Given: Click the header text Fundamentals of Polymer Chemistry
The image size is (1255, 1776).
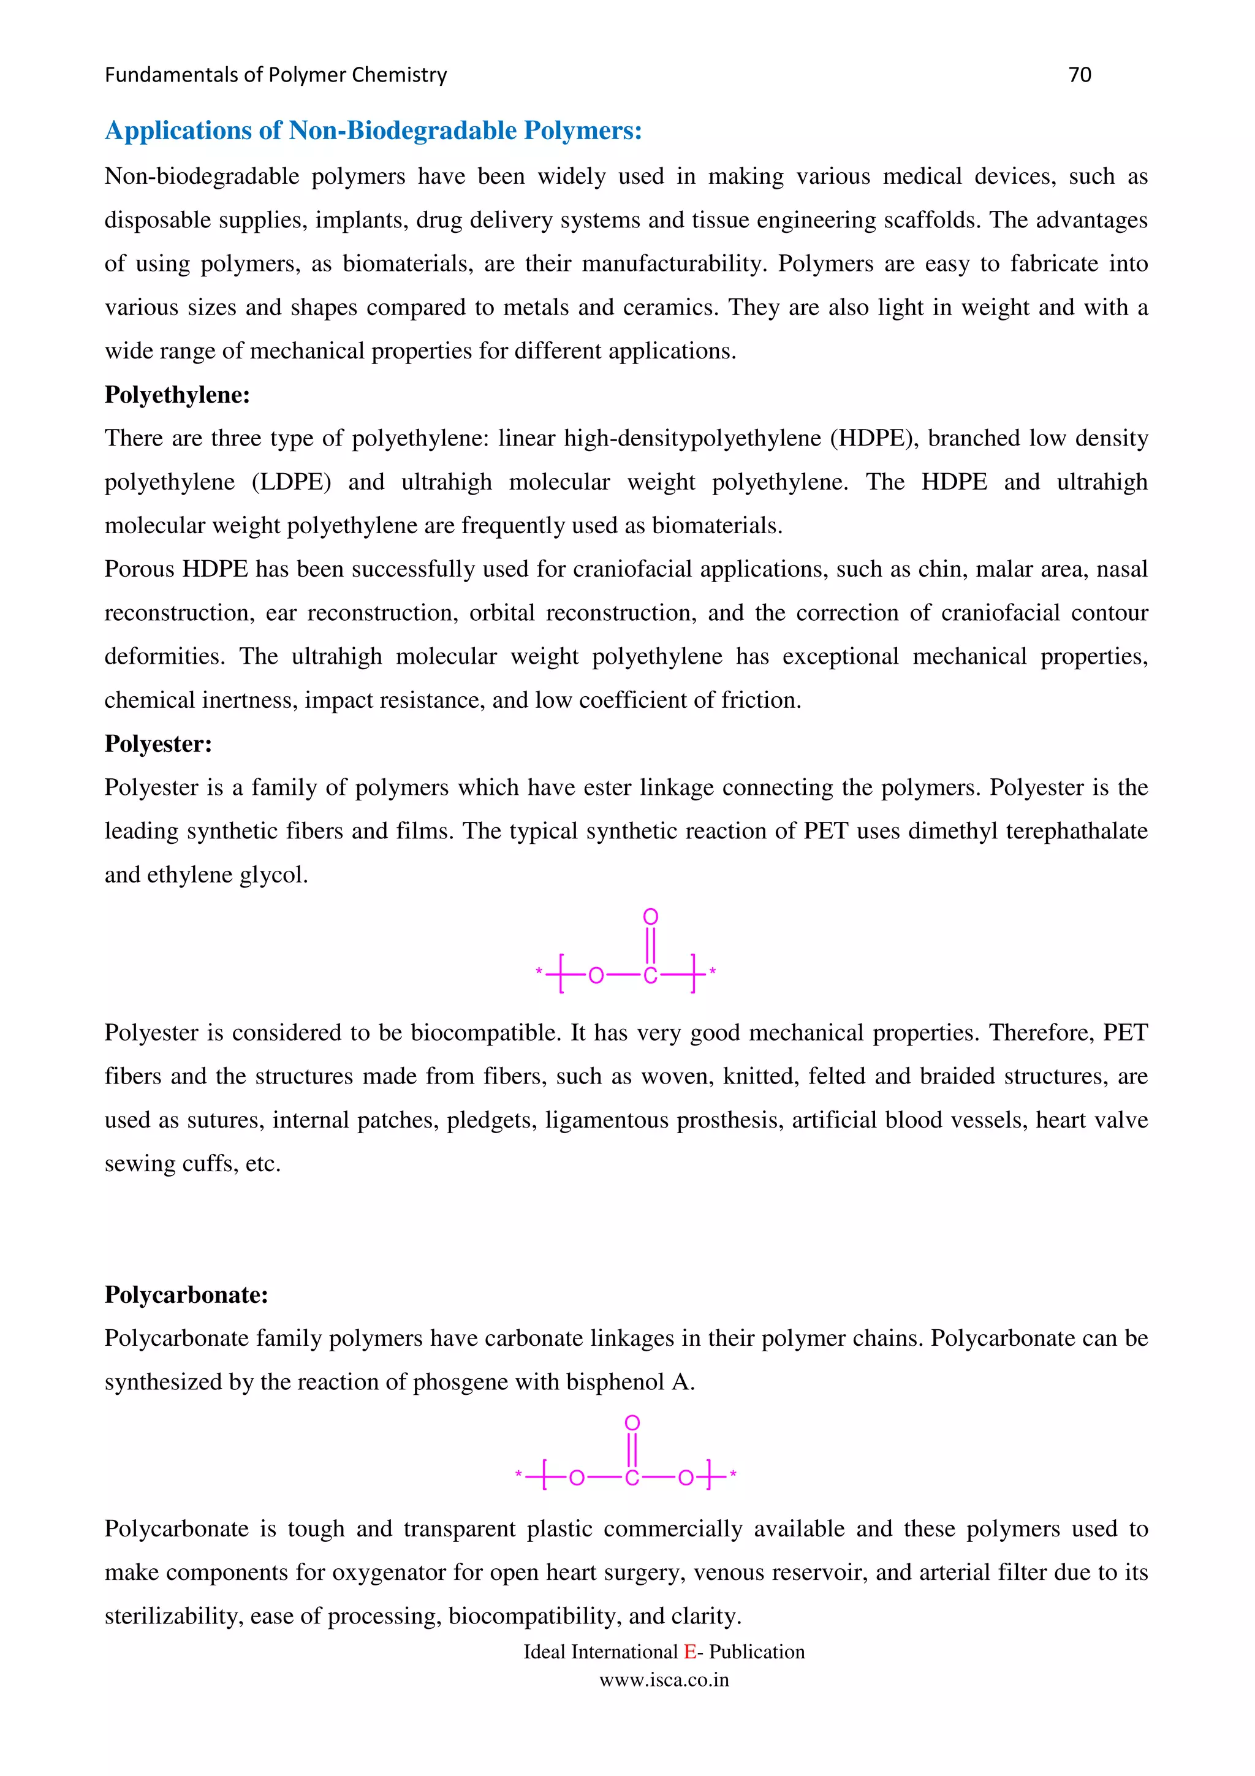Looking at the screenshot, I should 275,75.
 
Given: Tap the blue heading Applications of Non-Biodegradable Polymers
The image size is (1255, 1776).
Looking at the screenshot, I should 373,131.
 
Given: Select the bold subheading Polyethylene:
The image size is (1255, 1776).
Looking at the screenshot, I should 177,395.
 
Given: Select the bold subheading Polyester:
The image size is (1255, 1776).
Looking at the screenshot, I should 157,743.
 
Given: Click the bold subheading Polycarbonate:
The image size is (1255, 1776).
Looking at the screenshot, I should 186,1295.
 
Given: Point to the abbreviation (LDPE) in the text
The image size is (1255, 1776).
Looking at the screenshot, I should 290,482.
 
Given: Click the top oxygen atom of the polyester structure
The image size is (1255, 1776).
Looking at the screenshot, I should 650,917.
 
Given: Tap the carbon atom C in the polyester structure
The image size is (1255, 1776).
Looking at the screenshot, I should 650,976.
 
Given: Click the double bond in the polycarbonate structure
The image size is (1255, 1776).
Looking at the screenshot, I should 632,1448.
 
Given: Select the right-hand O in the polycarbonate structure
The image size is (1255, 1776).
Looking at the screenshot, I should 685,1478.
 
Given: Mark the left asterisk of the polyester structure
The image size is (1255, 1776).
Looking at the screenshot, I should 539,971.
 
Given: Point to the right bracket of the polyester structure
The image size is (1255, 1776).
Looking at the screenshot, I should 694,974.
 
